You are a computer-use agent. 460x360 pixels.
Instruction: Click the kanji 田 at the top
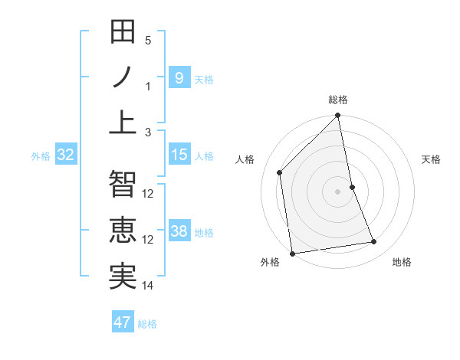(x=123, y=33)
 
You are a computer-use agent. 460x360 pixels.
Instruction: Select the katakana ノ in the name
(x=123, y=77)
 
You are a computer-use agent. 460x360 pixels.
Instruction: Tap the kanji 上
(x=123, y=123)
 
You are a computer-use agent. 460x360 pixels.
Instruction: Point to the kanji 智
(x=123, y=185)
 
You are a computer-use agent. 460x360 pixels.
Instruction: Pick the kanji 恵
(x=123, y=231)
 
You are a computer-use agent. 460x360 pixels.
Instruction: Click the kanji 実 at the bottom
(x=123, y=277)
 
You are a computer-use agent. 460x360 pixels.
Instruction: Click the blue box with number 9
(x=179, y=77)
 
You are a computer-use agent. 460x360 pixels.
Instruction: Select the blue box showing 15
(x=179, y=155)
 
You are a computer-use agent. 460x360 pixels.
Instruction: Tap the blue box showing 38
(x=179, y=231)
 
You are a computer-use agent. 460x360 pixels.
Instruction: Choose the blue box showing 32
(x=65, y=155)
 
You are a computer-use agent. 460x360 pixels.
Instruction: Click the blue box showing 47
(x=123, y=322)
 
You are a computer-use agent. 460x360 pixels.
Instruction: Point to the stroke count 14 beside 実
(x=148, y=286)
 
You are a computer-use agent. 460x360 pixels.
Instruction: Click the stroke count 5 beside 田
(x=148, y=40)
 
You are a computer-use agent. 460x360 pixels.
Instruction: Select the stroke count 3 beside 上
(x=148, y=132)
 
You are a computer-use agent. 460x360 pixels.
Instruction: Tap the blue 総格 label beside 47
(x=147, y=323)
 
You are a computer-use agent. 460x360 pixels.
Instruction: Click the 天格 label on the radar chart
(x=431, y=159)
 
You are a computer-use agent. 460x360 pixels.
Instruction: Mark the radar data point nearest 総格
(x=337, y=116)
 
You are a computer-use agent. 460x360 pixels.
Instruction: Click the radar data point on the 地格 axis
(x=374, y=242)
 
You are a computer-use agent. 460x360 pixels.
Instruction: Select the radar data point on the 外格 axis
(x=292, y=254)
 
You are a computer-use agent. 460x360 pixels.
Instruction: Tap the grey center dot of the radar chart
(x=337, y=191)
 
